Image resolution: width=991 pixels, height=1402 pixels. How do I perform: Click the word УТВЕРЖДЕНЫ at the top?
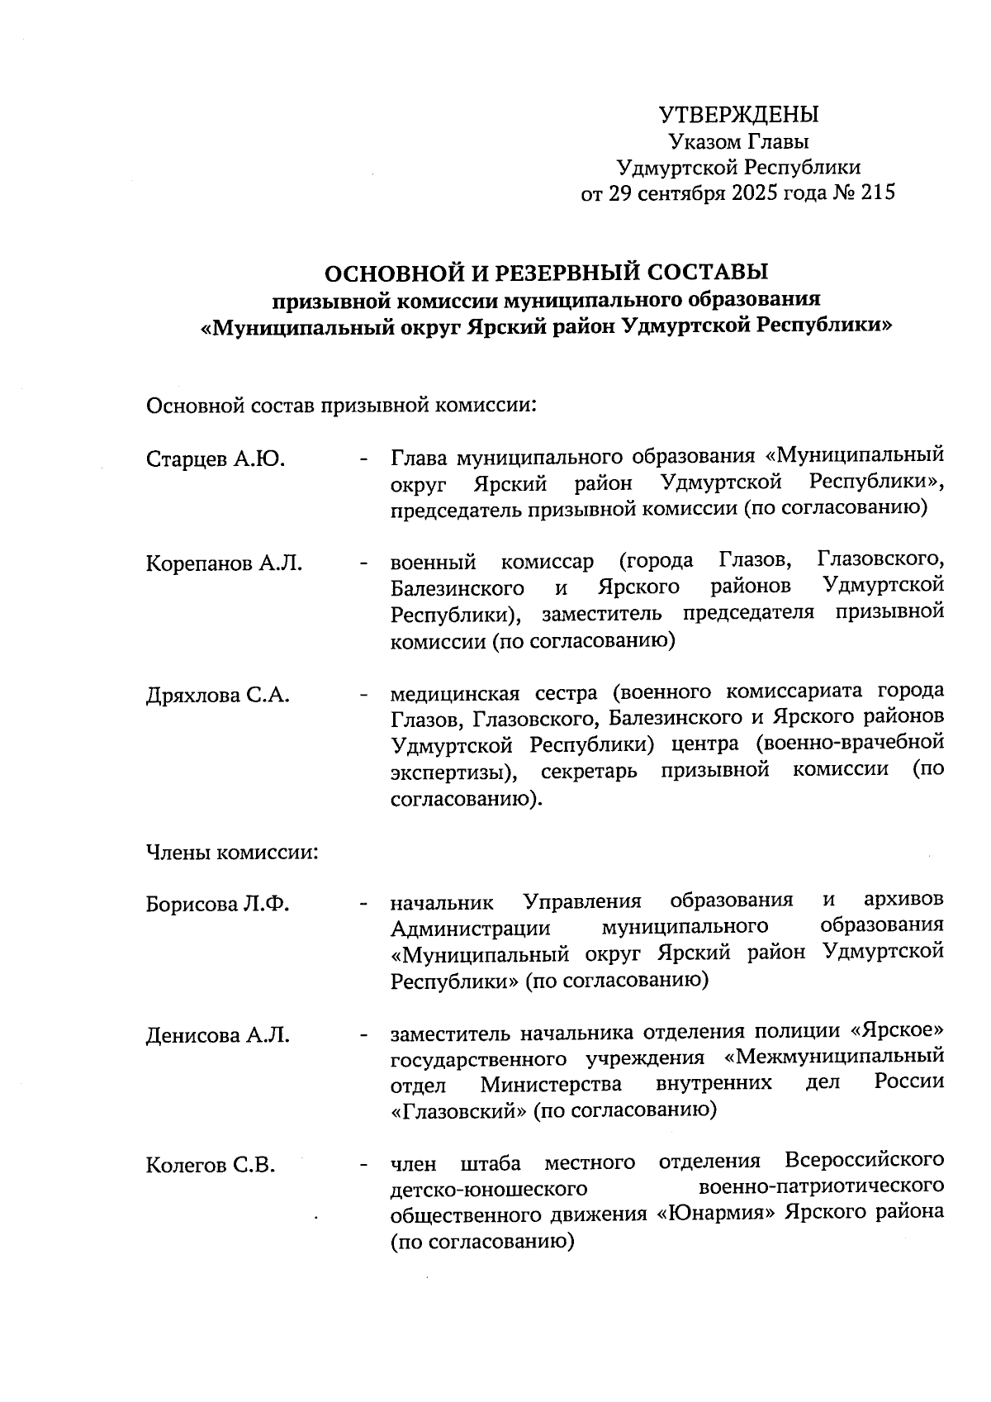(738, 115)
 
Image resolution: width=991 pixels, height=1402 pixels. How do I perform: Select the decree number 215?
(877, 193)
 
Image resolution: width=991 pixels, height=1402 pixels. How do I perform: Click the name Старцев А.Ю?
(216, 459)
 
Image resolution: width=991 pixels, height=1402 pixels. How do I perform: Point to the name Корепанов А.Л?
(224, 564)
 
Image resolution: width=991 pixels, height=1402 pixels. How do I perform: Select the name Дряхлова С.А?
(218, 695)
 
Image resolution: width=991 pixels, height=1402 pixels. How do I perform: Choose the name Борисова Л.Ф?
(218, 904)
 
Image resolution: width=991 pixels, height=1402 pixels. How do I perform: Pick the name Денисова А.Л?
(218, 1035)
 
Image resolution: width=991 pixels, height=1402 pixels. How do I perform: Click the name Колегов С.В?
(211, 1166)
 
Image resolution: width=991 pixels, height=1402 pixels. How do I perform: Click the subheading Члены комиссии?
(232, 852)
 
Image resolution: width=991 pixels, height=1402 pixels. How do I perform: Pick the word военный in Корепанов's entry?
(434, 563)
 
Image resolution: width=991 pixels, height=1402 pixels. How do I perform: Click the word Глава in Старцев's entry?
(420, 457)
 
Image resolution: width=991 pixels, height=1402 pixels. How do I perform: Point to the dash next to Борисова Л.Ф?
(363, 904)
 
